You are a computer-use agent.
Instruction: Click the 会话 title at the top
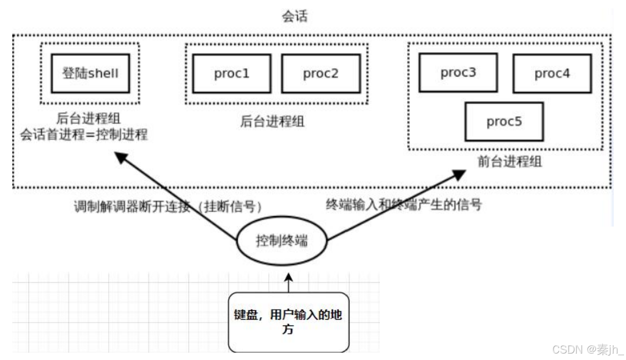[295, 17]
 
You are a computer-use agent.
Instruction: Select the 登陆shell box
[90, 74]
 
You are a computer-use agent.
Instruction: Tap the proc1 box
[231, 74]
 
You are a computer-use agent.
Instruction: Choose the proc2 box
[320, 74]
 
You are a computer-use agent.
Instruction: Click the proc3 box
[458, 73]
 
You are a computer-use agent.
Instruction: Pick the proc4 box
[552, 74]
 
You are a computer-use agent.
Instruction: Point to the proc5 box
[504, 122]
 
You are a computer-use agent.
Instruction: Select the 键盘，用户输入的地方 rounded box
[288, 322]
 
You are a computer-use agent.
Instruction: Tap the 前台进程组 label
[510, 162]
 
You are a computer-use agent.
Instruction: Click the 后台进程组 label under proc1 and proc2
[272, 121]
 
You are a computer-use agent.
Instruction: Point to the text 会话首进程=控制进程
[84, 134]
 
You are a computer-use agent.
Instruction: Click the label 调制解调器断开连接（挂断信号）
[167, 207]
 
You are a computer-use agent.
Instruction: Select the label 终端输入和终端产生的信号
[404, 204]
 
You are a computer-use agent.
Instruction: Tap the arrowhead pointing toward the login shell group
[120, 158]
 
